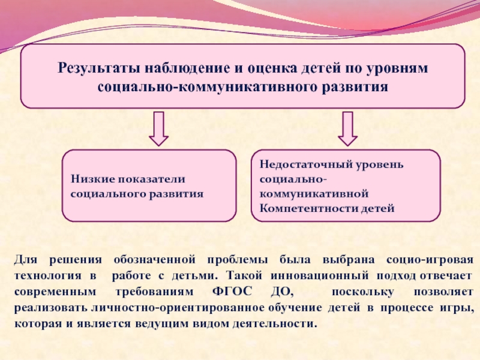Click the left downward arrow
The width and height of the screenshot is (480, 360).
[x=158, y=128]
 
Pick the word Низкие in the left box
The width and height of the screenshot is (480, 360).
[x=92, y=179]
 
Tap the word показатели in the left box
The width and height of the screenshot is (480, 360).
[x=153, y=179]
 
